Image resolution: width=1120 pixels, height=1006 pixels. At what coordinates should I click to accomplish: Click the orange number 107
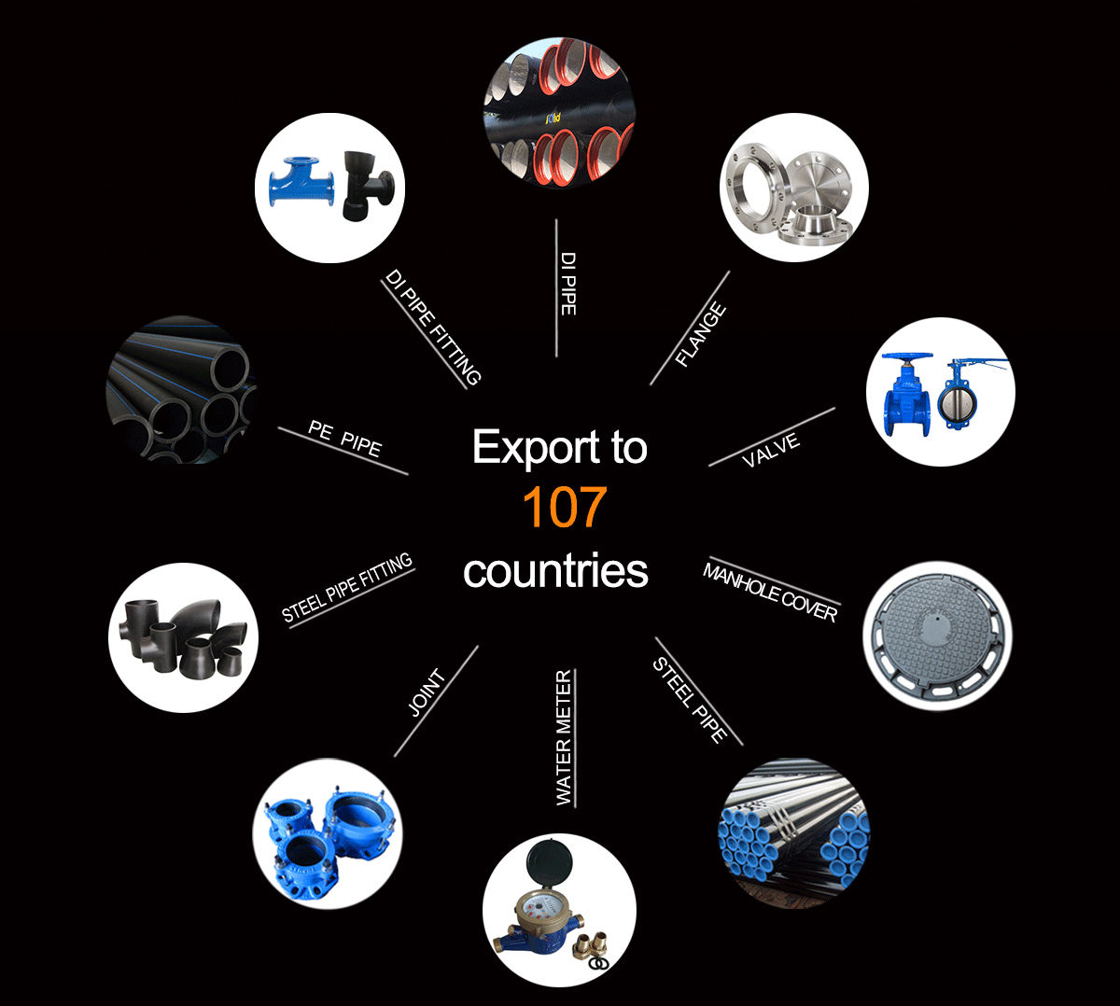click(x=564, y=509)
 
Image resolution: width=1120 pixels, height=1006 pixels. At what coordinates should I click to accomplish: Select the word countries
click(x=555, y=571)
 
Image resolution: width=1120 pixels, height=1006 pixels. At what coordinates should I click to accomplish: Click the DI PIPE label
click(x=567, y=283)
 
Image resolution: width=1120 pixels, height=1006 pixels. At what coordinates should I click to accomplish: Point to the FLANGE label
click(x=701, y=335)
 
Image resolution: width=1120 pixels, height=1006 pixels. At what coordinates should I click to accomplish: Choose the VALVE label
click(x=771, y=450)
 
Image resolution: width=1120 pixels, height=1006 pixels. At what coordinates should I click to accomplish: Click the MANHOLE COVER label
click(x=770, y=592)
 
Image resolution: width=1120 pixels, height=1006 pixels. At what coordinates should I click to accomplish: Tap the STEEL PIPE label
click(x=690, y=700)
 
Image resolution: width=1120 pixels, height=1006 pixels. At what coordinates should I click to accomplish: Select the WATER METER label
click(x=564, y=737)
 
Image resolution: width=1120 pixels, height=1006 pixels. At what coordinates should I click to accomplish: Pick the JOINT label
click(x=427, y=693)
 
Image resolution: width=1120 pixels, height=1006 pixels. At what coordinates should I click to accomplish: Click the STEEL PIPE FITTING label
click(x=347, y=588)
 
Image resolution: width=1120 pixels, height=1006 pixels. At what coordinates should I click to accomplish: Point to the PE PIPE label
click(x=344, y=439)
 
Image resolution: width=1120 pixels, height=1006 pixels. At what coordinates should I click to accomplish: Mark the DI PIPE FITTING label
click(x=433, y=328)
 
